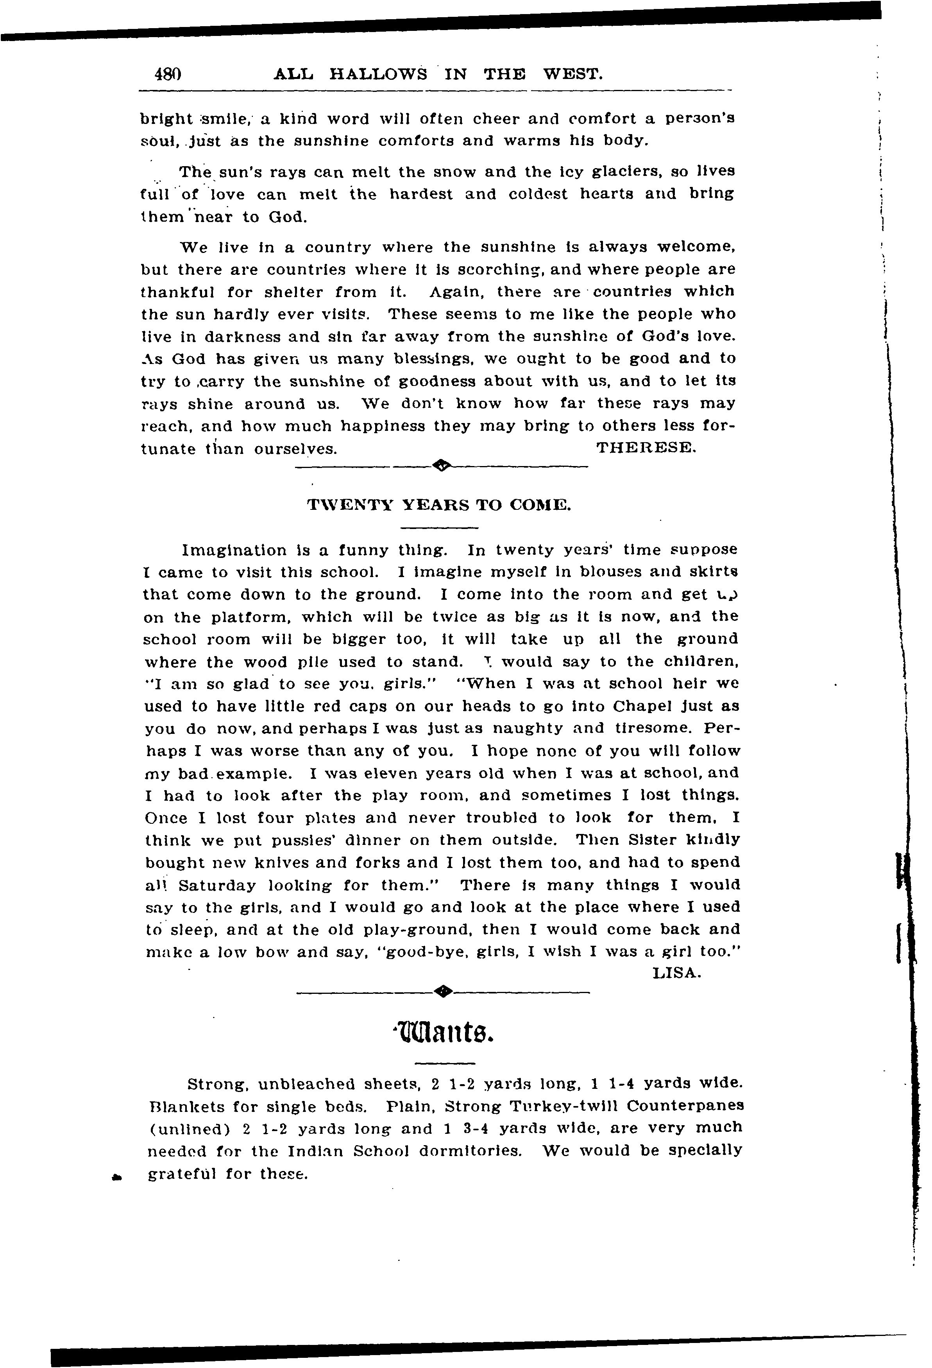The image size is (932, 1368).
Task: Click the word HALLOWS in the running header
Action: [x=378, y=74]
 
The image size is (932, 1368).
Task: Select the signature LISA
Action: [x=677, y=973]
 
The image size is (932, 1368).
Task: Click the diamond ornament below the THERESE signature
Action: [x=441, y=466]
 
